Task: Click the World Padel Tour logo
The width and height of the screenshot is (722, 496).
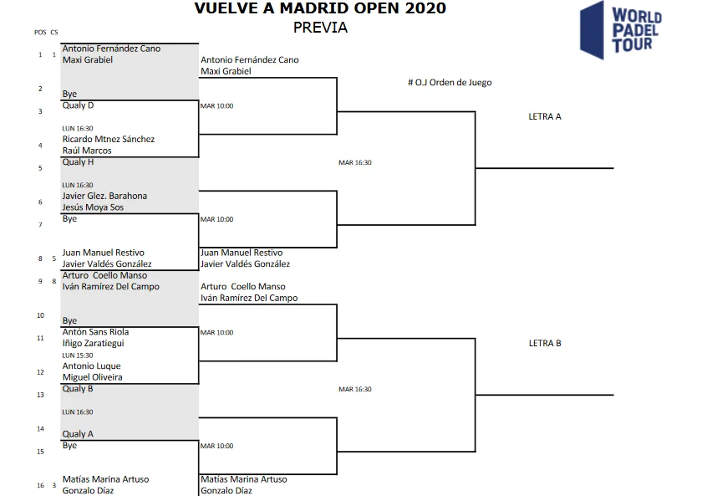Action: click(x=621, y=29)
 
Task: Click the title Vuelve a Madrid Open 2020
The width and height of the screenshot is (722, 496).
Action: click(x=320, y=9)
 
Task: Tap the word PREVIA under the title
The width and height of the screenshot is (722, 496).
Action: click(x=320, y=28)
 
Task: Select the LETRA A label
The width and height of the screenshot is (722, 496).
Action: click(x=545, y=116)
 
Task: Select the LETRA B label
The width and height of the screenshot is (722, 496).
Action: click(x=545, y=343)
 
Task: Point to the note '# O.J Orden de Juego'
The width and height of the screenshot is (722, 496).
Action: click(x=449, y=83)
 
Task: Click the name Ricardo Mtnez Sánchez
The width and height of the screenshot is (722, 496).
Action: click(x=109, y=139)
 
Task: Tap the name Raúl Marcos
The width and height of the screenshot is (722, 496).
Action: click(x=87, y=151)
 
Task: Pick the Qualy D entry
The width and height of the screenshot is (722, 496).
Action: click(x=78, y=105)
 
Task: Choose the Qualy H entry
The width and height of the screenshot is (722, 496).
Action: click(x=78, y=162)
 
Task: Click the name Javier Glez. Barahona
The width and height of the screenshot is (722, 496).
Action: click(x=104, y=196)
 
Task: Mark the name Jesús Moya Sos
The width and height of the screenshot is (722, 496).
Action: click(x=93, y=207)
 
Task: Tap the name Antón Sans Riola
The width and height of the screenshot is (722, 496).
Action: click(x=95, y=332)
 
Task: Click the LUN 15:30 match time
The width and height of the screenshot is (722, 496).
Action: click(x=78, y=355)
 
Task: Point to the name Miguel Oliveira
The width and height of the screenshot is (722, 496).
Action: click(x=92, y=377)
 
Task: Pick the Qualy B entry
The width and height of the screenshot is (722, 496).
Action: click(x=78, y=389)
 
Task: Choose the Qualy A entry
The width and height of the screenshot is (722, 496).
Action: click(x=78, y=434)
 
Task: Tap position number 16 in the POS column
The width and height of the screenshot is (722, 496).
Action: click(x=39, y=485)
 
